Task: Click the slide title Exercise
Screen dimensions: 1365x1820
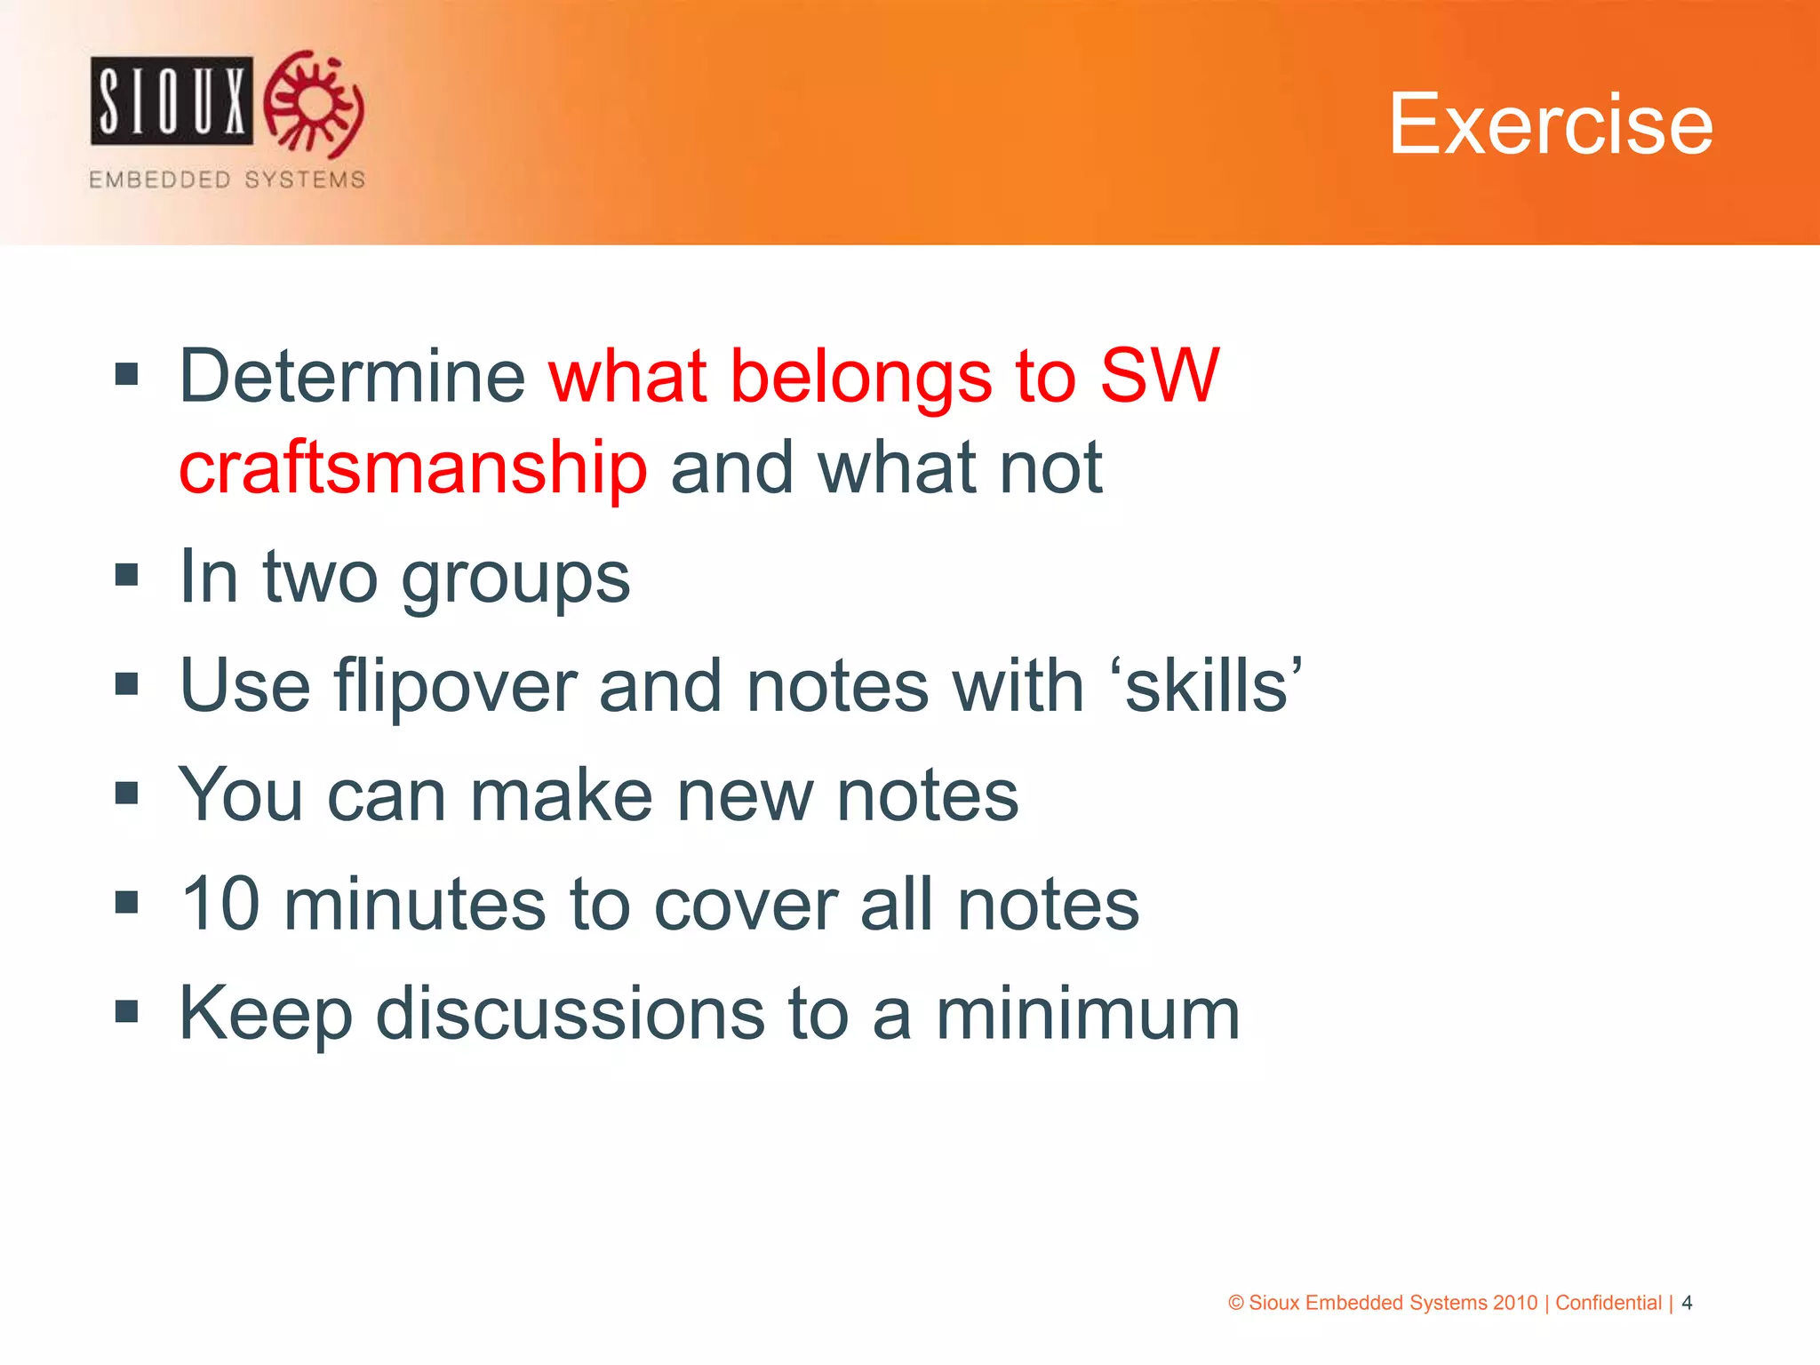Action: (x=1550, y=124)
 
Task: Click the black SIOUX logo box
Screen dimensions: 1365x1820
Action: (x=172, y=100)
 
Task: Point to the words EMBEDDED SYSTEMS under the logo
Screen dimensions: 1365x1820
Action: (x=227, y=180)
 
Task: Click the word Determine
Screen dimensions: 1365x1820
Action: (x=353, y=377)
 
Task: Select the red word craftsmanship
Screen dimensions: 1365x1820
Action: (x=413, y=468)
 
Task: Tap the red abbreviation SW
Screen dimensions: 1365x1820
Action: (x=1159, y=377)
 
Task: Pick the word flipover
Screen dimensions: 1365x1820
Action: (x=455, y=686)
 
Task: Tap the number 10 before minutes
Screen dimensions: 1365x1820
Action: (x=220, y=904)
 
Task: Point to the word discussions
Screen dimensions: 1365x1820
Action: (x=570, y=1014)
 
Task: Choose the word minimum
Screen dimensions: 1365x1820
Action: (x=1088, y=1014)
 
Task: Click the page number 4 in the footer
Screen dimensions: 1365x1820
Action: (x=1687, y=1303)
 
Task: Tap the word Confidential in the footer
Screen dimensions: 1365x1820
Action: (x=1608, y=1303)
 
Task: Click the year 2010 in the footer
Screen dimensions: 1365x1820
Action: (x=1514, y=1303)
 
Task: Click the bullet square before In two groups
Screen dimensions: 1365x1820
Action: (x=127, y=575)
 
